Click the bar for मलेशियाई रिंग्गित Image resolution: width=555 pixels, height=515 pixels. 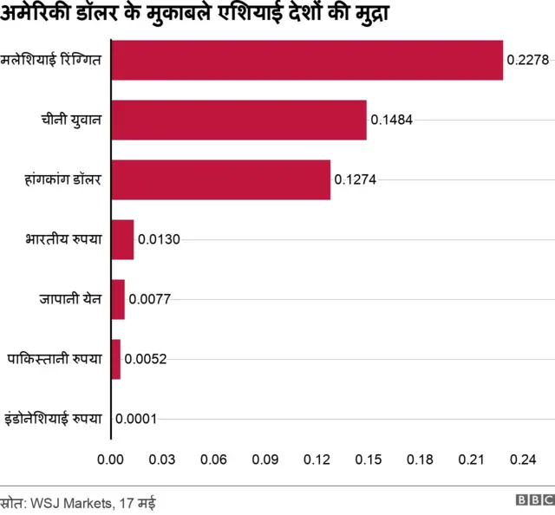[307, 61]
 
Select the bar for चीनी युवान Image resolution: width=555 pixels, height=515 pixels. [238, 120]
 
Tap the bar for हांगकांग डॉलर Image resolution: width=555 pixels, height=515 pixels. [220, 179]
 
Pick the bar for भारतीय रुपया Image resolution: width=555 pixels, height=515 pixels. [122, 239]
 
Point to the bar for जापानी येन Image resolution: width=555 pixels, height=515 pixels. [118, 299]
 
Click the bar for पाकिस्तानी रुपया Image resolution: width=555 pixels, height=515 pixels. [116, 359]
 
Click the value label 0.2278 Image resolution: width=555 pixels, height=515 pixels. [529, 61]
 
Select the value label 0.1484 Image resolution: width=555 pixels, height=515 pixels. [391, 121]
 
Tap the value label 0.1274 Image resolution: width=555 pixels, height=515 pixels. [355, 180]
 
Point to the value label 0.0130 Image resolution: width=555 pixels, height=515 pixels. [159, 240]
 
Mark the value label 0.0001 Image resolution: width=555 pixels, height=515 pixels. [135, 420]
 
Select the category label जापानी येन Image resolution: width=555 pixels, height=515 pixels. [70, 299]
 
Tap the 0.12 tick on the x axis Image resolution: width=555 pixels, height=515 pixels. [317, 459]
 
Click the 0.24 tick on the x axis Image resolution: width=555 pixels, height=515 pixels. [524, 459]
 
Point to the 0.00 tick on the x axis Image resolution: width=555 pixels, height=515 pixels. [111, 459]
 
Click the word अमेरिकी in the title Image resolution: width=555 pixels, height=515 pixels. [41, 15]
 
